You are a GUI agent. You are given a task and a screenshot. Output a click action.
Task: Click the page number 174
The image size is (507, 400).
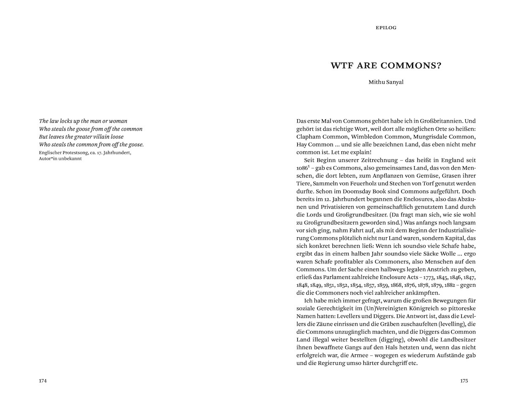pyautogui.click(x=43, y=381)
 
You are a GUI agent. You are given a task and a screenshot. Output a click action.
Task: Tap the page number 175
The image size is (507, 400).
pyautogui.click(x=464, y=381)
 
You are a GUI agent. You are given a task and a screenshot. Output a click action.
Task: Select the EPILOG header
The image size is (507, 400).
pyautogui.click(x=386, y=28)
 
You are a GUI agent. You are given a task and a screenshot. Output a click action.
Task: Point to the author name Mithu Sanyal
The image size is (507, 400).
pyautogui.click(x=386, y=82)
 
